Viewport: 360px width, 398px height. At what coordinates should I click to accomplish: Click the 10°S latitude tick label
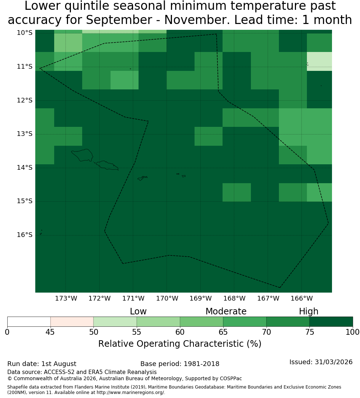[x=25, y=33]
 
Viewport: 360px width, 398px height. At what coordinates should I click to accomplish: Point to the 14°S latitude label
[x=25, y=168]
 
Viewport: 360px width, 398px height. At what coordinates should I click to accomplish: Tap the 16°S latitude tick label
[x=25, y=235]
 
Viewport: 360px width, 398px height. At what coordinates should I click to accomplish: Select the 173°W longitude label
[x=66, y=298]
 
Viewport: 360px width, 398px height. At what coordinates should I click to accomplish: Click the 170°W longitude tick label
[x=167, y=298]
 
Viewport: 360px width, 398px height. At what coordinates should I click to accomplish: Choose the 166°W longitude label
[x=301, y=298]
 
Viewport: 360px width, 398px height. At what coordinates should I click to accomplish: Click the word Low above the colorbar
[x=138, y=311]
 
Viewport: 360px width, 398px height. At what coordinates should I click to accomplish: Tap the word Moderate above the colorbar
[x=226, y=311]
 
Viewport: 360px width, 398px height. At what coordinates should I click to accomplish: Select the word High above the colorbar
[x=308, y=311]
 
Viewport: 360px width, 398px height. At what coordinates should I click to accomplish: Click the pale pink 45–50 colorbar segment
[x=72, y=322]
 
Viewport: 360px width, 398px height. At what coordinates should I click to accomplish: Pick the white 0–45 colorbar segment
[x=29, y=322]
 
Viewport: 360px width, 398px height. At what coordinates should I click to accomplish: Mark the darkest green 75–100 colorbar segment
[x=331, y=322]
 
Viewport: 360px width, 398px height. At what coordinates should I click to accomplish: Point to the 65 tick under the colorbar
[x=223, y=332]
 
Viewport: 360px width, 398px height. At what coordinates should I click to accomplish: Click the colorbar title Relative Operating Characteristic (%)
[x=180, y=344]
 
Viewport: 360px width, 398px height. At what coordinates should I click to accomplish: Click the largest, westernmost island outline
[x=82, y=155]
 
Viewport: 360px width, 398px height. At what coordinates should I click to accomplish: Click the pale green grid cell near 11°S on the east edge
[x=319, y=61]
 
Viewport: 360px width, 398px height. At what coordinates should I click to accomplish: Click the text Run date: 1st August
[x=41, y=364]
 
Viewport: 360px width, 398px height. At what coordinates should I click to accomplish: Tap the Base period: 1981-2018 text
[x=180, y=364]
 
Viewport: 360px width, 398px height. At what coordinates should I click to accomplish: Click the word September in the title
[x=119, y=20]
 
